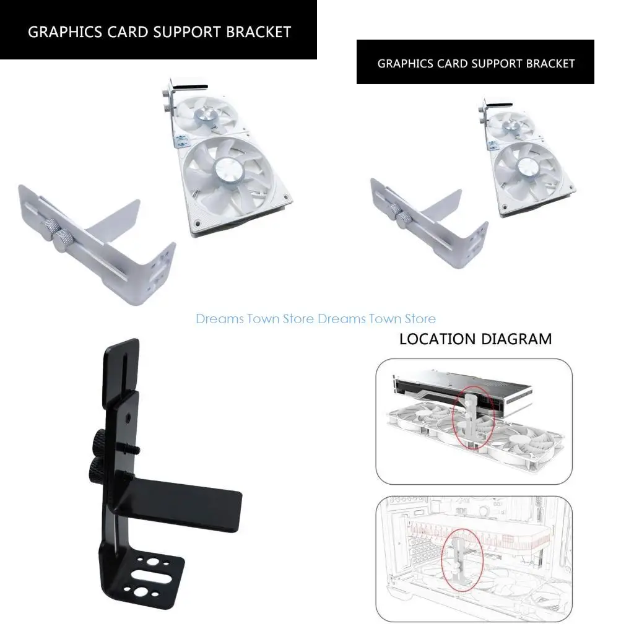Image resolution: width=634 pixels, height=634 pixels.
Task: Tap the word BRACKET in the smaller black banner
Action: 550,64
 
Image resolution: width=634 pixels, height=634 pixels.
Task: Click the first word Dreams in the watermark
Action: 219,319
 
